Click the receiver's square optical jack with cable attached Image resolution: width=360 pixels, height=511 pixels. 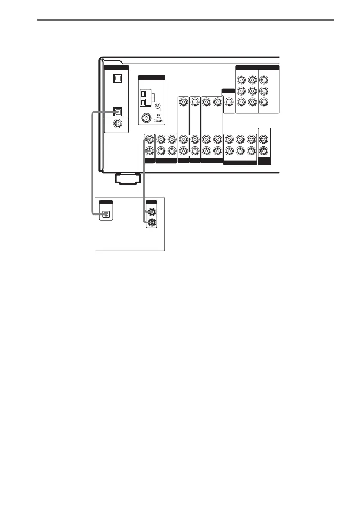pos(117,112)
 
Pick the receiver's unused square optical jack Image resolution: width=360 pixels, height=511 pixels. pos(117,79)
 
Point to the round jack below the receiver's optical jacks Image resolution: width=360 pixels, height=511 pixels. pos(117,124)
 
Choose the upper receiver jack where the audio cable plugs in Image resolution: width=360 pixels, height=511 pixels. pos(149,140)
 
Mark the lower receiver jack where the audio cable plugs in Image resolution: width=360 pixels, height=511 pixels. pos(149,151)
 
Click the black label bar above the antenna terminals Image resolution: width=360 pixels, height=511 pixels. pos(152,77)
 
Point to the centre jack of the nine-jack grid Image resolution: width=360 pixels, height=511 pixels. pos(252,91)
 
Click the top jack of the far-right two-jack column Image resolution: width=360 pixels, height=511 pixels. pos(264,140)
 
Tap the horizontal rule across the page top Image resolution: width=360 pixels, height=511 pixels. pos(185,19)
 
